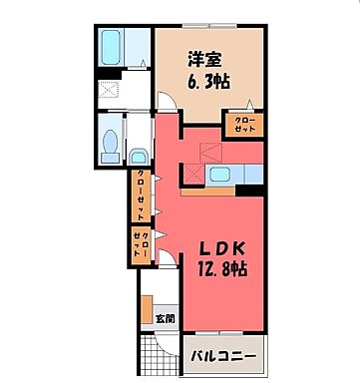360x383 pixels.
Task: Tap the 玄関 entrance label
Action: pyautogui.click(x=165, y=319)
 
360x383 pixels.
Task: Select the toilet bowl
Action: pyautogui.click(x=111, y=139)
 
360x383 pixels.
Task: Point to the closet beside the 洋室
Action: pyautogui.click(x=243, y=123)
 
